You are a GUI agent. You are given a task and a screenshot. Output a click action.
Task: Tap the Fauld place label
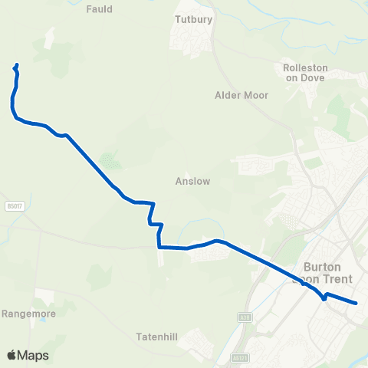(x=100, y=9)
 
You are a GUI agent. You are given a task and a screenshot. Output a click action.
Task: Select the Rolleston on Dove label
(x=305, y=72)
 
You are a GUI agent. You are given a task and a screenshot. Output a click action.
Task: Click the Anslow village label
(x=192, y=182)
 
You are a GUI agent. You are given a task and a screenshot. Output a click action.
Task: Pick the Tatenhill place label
(x=156, y=337)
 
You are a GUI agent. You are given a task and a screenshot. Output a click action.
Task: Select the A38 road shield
(x=245, y=316)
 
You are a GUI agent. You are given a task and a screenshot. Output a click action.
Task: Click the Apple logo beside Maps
(x=11, y=355)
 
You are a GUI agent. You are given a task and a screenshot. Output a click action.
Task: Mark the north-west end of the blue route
(x=17, y=64)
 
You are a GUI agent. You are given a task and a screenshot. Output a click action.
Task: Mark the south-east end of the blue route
(x=356, y=304)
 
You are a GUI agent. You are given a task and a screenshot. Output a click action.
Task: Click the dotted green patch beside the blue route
(x=110, y=160)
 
